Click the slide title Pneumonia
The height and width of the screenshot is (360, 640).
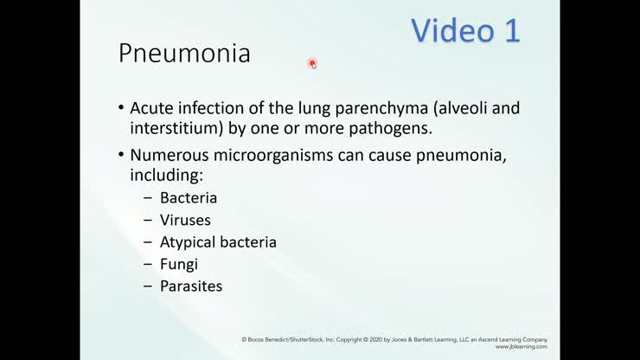184,54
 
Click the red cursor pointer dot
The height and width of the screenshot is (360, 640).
312,63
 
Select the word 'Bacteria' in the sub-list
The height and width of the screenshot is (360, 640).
189,197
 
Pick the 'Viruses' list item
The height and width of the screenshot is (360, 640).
185,220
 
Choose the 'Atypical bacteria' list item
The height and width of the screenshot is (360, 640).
218,242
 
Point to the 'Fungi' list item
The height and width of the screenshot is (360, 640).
179,264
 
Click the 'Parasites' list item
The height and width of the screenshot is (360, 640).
191,286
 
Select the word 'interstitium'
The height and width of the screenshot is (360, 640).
170,129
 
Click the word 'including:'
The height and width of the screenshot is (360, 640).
164,175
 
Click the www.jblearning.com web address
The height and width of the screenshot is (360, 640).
522,347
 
